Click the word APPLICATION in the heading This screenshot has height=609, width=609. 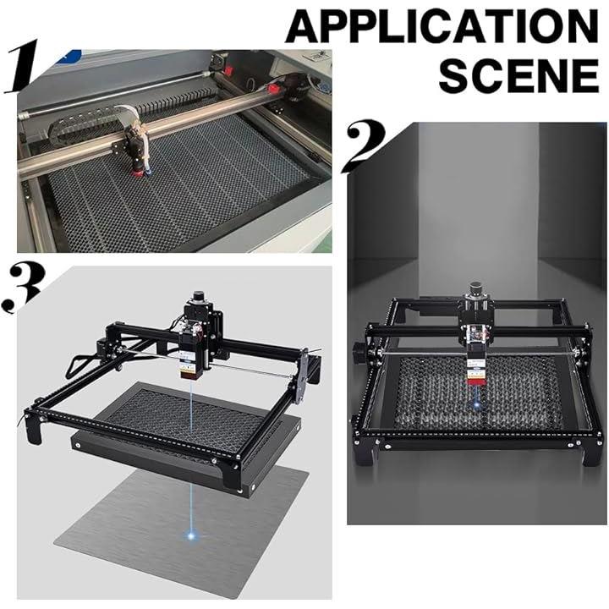coord(442,26)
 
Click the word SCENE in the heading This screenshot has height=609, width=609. coord(518,74)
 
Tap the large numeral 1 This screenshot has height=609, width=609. coord(21,66)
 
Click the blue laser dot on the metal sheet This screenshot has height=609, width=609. coord(190,536)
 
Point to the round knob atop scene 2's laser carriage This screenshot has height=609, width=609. coord(475,288)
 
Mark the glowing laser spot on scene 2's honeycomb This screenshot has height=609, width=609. coord(476,405)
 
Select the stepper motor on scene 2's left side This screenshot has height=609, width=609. coord(359,352)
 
